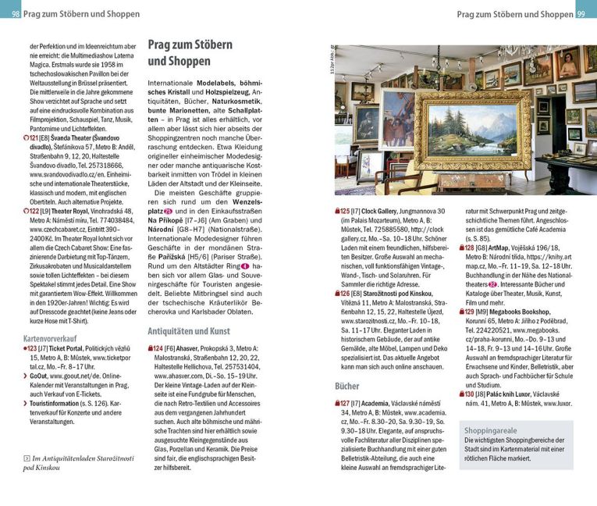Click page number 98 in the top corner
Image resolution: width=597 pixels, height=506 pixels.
tap(16, 14)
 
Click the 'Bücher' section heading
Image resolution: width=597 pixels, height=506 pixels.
tap(346, 386)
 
